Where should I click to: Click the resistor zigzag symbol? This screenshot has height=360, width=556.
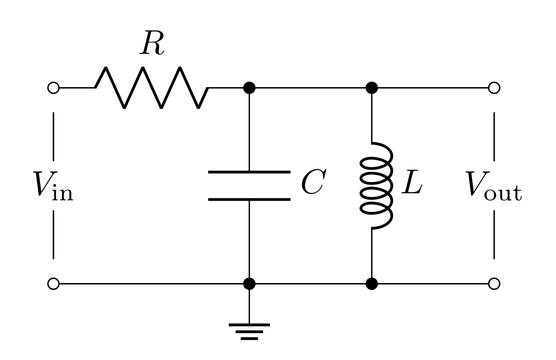click(152, 88)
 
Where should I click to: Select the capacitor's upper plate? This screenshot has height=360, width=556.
click(249, 172)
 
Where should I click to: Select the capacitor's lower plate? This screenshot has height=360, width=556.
click(249, 199)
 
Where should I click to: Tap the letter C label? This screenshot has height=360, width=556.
click(313, 182)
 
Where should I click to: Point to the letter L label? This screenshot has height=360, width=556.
click(412, 182)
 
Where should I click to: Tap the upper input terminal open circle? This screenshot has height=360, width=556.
click(53, 88)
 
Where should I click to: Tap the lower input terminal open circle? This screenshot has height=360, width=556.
click(53, 284)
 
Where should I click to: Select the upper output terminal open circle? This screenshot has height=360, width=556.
click(494, 88)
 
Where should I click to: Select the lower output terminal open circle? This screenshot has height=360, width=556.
click(494, 284)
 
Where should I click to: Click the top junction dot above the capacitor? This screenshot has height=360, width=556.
click(249, 88)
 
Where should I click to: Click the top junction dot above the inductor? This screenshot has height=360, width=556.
click(371, 88)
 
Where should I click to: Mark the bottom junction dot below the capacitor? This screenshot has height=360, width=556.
click(249, 284)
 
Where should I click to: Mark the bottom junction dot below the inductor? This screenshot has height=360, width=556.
click(371, 284)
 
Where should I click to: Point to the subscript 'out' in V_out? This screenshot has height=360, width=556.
click(503, 193)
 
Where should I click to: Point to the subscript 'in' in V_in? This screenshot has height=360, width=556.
click(63, 193)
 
